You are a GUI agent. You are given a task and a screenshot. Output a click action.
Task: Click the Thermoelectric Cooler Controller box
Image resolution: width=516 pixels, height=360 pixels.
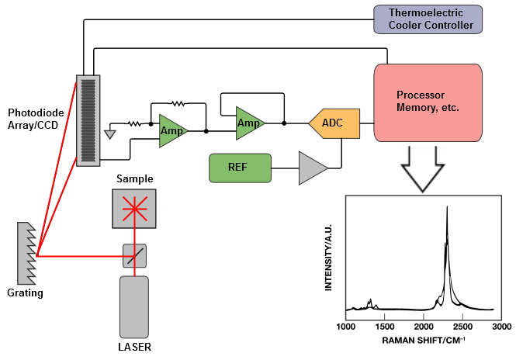click(428, 19)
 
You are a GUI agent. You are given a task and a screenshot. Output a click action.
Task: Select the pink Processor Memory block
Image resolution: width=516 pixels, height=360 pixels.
click(428, 102)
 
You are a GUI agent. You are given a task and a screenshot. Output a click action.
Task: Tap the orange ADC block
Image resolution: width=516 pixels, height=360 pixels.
click(335, 123)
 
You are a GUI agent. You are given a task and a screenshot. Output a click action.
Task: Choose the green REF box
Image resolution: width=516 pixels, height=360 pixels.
click(240, 168)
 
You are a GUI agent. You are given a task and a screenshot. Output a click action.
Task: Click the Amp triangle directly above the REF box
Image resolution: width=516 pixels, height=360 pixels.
click(248, 123)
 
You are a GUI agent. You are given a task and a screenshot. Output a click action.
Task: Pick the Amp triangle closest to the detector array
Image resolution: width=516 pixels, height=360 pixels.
click(171, 130)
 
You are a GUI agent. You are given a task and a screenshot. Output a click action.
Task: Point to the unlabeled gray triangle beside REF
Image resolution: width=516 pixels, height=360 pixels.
click(311, 168)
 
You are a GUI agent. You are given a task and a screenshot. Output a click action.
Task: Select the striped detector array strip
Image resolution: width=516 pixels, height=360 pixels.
click(88, 120)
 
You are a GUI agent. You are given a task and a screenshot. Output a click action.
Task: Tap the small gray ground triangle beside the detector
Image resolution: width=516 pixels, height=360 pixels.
click(110, 134)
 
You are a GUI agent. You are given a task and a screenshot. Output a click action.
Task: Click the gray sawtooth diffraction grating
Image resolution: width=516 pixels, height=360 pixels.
click(26, 254)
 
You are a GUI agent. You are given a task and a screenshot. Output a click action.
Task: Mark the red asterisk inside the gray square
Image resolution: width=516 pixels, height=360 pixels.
click(134, 209)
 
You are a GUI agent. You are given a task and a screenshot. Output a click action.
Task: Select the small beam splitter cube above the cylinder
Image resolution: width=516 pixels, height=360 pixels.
click(134, 256)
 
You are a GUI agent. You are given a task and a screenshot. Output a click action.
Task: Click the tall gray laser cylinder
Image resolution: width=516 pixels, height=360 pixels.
click(133, 306)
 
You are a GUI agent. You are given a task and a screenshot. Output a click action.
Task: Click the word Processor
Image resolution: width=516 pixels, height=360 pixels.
click(420, 95)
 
